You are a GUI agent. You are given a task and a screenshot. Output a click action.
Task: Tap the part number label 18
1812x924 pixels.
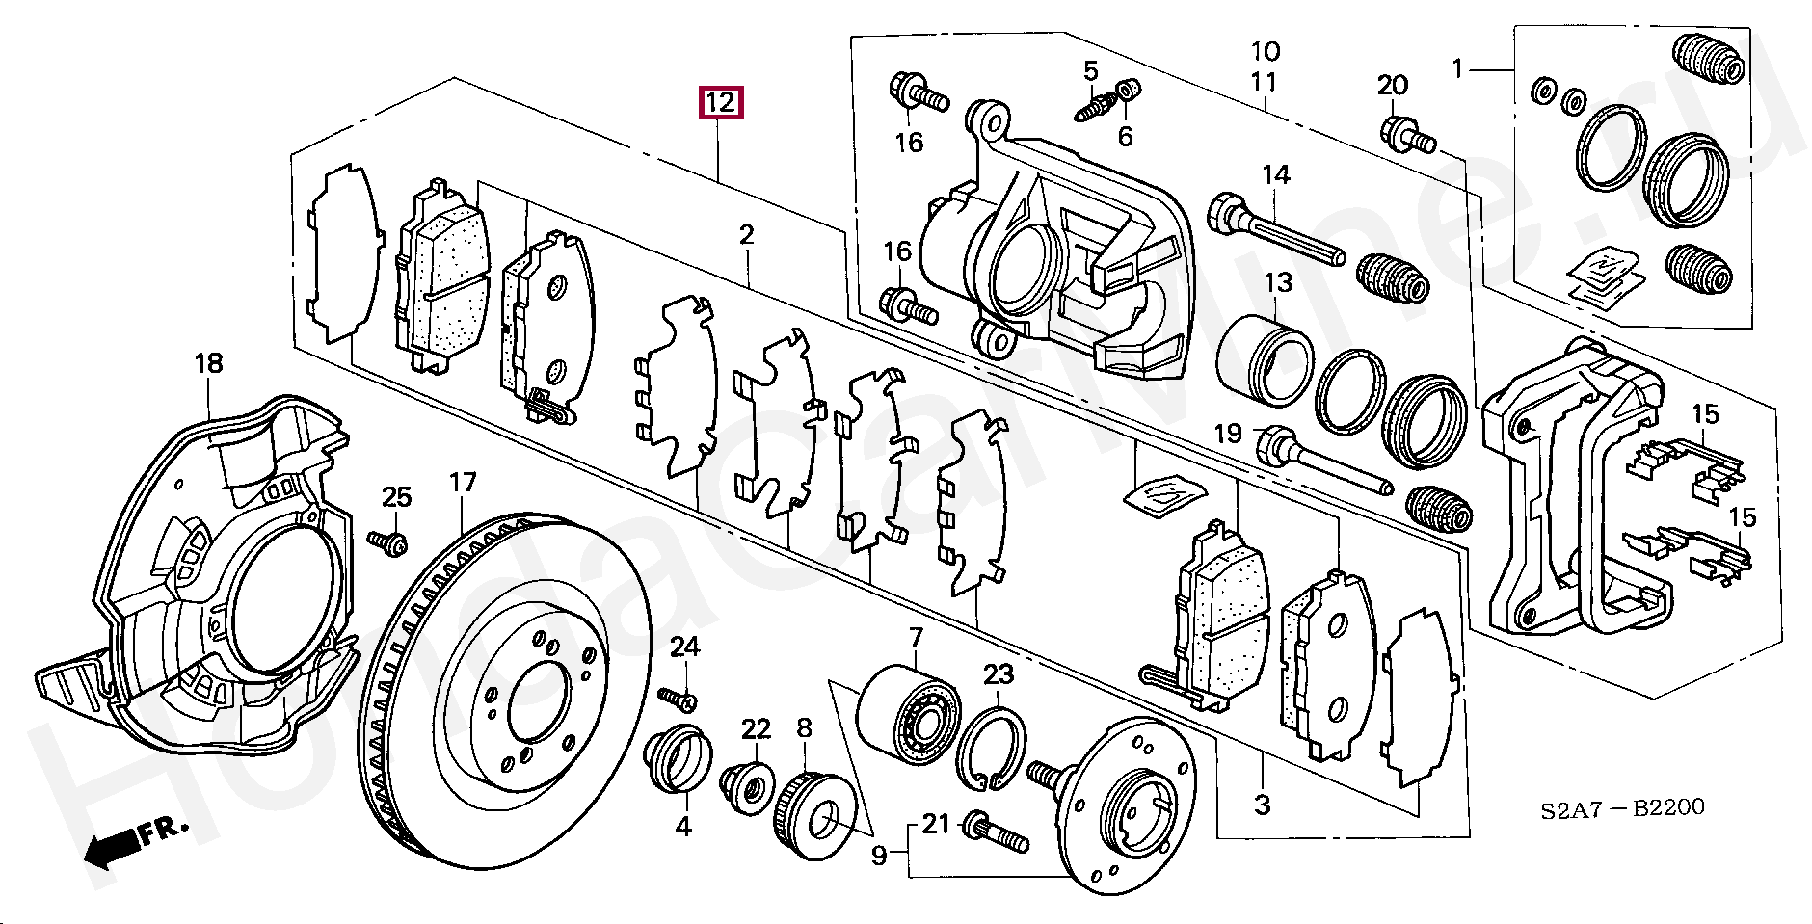(208, 363)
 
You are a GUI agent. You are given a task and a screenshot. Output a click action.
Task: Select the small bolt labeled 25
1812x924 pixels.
(387, 541)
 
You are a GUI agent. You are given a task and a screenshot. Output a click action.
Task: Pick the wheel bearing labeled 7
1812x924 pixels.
(909, 720)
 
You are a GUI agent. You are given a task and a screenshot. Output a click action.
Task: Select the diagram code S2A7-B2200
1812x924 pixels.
(1621, 807)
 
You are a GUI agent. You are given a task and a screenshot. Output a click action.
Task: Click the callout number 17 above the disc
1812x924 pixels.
(463, 483)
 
